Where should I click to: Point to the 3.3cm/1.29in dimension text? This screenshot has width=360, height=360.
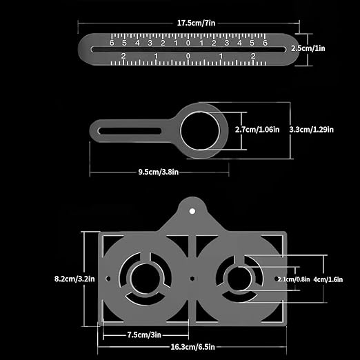click(x=311, y=128)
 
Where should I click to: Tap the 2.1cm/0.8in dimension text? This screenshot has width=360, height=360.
click(x=292, y=279)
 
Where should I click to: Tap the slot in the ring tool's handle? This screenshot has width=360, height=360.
click(x=131, y=129)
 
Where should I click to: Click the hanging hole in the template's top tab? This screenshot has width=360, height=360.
click(x=193, y=208)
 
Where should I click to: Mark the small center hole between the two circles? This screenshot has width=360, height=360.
click(x=192, y=279)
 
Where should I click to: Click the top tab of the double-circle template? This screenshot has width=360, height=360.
click(x=193, y=214)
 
